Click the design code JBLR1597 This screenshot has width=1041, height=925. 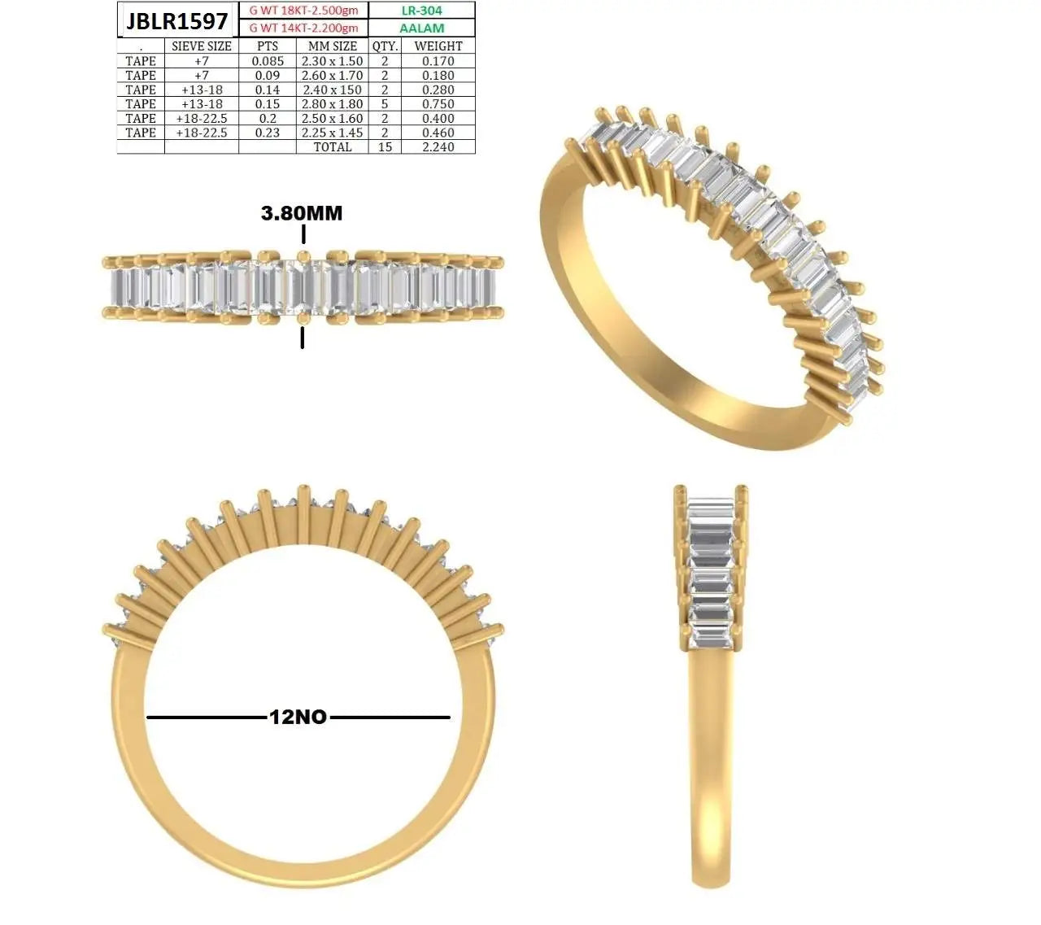pos(176,21)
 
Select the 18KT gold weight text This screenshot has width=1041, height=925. pos(303,11)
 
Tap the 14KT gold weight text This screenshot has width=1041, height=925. pos(303,28)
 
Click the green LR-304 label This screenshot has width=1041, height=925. pos(422,11)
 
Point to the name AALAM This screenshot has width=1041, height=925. pos(422,28)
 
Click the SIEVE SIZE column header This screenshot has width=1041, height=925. pos(202,46)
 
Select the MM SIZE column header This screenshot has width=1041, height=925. pos(333,46)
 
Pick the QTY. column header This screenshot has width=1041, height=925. pos(385,46)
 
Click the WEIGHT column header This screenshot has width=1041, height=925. pos(438,46)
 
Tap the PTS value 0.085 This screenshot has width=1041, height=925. pos(268,61)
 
